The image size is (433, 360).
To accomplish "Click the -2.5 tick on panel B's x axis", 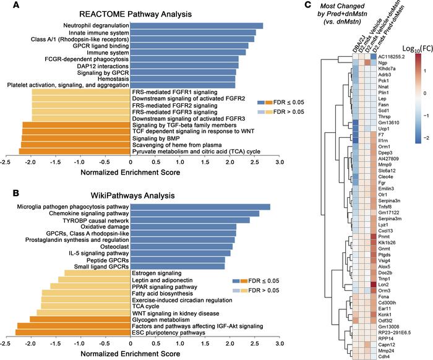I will [6, 342].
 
